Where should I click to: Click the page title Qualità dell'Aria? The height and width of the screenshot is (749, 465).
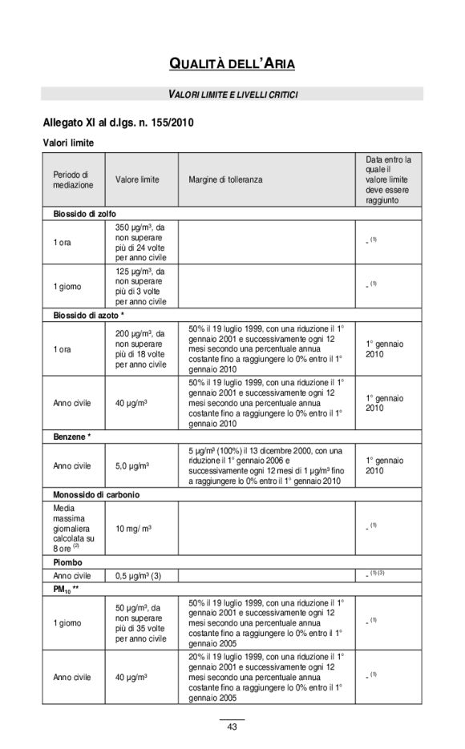[x=232, y=63]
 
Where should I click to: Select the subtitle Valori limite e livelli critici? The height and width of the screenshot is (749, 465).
[x=232, y=95]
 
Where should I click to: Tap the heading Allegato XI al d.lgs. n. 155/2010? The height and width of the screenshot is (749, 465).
[x=118, y=123]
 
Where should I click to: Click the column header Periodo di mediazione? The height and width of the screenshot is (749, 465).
[x=73, y=179]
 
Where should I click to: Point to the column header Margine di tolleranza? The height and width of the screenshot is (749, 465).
[x=225, y=179]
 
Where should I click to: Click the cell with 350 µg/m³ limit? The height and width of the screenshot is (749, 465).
[x=140, y=242]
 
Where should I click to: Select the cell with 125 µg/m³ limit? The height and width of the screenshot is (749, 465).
[x=140, y=286]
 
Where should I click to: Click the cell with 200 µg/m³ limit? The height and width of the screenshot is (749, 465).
[x=140, y=348]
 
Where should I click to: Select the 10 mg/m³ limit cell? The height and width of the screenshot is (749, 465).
[x=134, y=529]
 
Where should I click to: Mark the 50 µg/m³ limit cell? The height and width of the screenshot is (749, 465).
[x=140, y=622]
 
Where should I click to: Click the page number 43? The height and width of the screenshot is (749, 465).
[x=232, y=727]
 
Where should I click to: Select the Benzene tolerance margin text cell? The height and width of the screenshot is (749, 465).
[x=265, y=465]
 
